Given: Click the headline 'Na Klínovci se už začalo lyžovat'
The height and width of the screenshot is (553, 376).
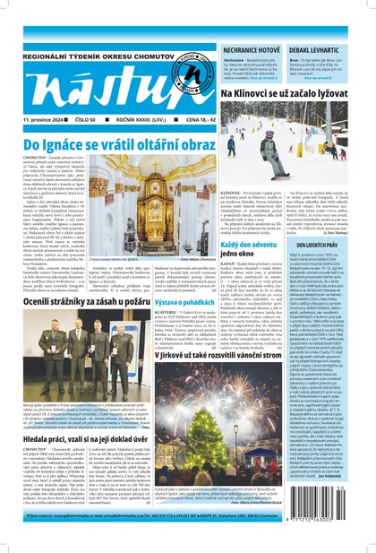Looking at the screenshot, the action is click(x=295, y=93).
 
